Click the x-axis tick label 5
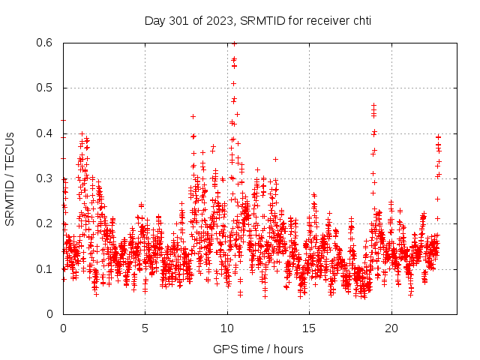[145, 328]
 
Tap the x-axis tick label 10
[226, 328]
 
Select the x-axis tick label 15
[309, 328]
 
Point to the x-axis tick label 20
[391, 328]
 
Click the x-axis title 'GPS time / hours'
[258, 349]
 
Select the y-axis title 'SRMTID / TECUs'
[10, 178]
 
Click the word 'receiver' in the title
[327, 20]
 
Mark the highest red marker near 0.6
[234, 43]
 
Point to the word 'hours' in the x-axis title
[289, 349]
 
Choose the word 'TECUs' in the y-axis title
[10, 151]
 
